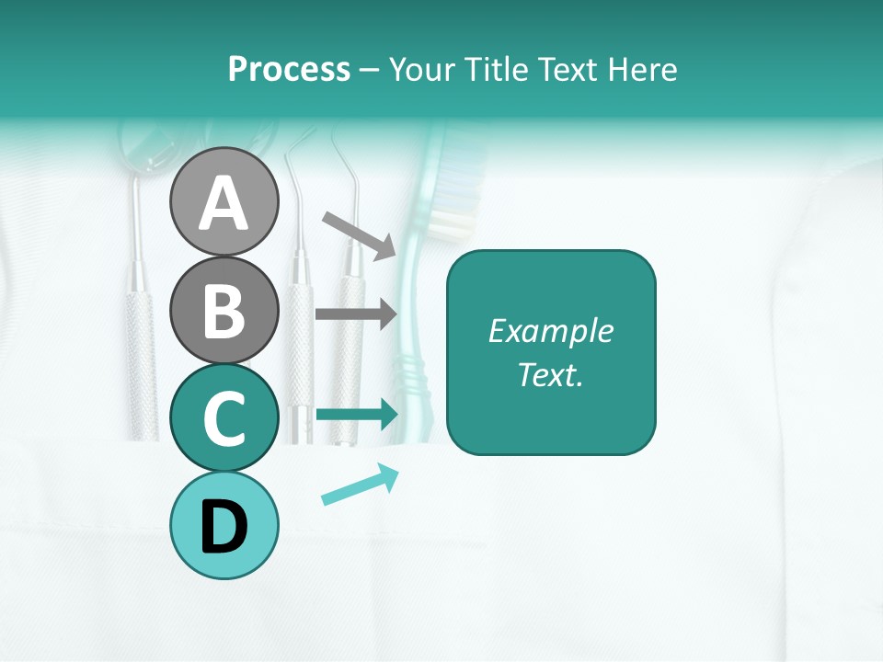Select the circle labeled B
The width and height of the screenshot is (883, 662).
click(224, 310)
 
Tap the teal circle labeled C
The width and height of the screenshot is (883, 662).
click(224, 418)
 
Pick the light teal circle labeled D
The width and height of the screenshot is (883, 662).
click(224, 526)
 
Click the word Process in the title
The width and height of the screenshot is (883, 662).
click(289, 69)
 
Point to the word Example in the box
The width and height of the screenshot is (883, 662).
click(550, 331)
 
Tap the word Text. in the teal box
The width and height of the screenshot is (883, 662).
click(550, 374)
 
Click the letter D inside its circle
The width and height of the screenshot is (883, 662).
click(224, 527)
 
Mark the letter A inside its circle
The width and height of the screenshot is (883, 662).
click(224, 203)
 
